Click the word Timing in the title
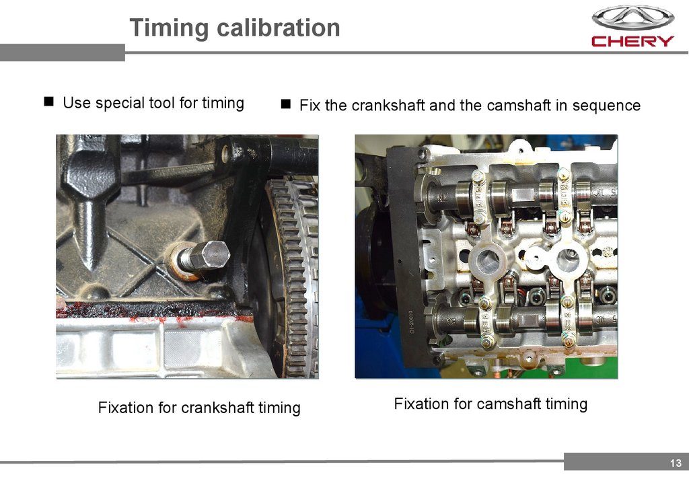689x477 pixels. pyautogui.click(x=169, y=28)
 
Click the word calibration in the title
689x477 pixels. pyautogui.click(x=279, y=28)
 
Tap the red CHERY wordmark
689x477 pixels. pyautogui.click(x=632, y=41)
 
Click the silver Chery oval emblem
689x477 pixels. pyautogui.click(x=632, y=18)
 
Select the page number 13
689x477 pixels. pyautogui.click(x=676, y=463)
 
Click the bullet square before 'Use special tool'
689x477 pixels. pyautogui.click(x=48, y=102)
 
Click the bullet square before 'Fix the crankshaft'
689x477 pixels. pyautogui.click(x=285, y=104)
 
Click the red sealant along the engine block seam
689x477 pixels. pyautogui.click(x=149, y=311)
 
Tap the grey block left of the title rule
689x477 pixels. pyautogui.click(x=63, y=52)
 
